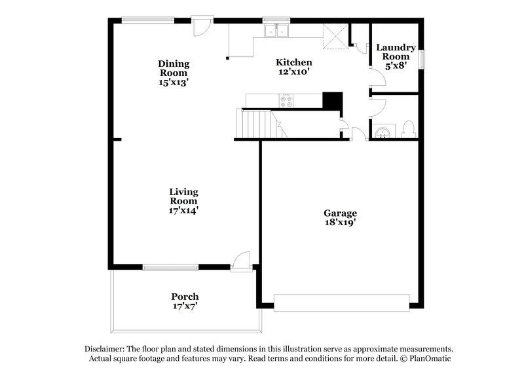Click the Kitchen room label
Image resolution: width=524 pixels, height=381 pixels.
[x=289, y=62]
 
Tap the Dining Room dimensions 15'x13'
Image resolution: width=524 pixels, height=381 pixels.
[x=174, y=82]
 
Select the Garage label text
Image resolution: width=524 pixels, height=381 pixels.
[x=341, y=213]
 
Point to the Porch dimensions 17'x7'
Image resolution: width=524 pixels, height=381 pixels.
[x=185, y=306]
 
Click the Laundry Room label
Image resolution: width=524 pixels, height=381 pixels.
[x=396, y=52]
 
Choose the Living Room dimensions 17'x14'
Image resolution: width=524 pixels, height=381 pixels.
[x=183, y=210]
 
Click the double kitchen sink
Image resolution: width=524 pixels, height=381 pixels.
[x=277, y=30]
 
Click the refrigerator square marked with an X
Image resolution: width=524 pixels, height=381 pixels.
[x=334, y=38]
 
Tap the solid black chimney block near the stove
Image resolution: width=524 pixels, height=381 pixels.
[x=333, y=101]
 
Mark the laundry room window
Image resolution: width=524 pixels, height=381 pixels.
[x=422, y=59]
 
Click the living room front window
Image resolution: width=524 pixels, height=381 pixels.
[x=170, y=266]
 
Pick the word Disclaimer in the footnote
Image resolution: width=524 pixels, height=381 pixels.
[x=107, y=349]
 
